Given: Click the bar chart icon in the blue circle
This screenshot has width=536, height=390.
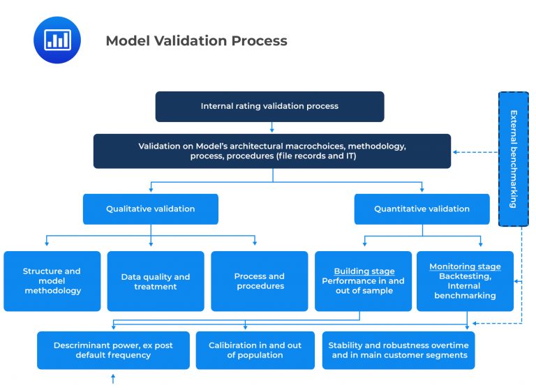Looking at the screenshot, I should pyautogui.click(x=57, y=40).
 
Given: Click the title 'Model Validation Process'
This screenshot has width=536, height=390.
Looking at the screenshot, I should pyautogui.click(x=196, y=40).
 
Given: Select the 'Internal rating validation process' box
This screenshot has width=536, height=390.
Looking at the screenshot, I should pyautogui.click(x=269, y=107).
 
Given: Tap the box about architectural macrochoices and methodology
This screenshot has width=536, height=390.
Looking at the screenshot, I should pyautogui.click(x=272, y=151).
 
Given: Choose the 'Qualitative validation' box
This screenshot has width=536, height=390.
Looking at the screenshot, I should pyautogui.click(x=150, y=209).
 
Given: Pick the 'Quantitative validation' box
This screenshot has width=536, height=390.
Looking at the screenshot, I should pyautogui.click(x=422, y=209).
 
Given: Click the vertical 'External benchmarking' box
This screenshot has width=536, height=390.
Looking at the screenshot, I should pyautogui.click(x=513, y=158).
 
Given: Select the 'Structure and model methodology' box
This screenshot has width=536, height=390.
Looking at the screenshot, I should pyautogui.click(x=52, y=281).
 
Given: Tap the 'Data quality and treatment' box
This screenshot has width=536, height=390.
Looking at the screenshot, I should pyautogui.click(x=155, y=281).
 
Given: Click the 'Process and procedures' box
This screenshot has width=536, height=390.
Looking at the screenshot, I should pyautogui.click(x=259, y=281).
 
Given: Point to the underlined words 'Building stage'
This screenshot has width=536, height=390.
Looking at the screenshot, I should pyautogui.click(x=364, y=271).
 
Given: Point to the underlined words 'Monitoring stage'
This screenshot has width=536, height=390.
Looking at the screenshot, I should pyautogui.click(x=465, y=267).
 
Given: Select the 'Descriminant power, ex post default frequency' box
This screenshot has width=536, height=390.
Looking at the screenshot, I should pyautogui.click(x=113, y=350).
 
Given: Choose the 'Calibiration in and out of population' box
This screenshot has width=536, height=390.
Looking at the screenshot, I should pyautogui.click(x=255, y=350).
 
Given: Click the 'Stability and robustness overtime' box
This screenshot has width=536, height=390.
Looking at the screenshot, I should pyautogui.click(x=399, y=350).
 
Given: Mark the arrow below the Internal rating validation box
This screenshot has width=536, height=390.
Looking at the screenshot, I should pyautogui.click(x=271, y=128).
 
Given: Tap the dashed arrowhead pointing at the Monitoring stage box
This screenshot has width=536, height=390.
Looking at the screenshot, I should pyautogui.click(x=517, y=281).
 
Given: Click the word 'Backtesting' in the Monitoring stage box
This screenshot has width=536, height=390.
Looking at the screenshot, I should pyautogui.click(x=465, y=276).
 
